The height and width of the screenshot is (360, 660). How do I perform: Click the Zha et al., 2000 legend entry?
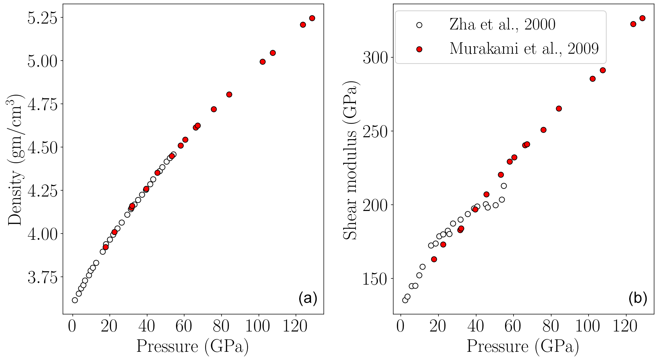502,25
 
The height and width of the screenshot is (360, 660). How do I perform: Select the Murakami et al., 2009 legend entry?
524,49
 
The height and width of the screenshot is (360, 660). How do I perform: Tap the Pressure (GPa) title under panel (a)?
193,347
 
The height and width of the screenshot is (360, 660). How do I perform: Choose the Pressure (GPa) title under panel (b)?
523,347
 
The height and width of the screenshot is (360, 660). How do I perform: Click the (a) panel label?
307,298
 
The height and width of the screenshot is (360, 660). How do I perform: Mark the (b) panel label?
638,298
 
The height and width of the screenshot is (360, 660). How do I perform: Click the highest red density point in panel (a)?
312,18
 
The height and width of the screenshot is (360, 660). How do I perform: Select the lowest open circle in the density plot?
75,300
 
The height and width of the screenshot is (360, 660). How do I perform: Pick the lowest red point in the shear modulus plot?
434,259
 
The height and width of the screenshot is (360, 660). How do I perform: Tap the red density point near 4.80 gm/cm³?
229,94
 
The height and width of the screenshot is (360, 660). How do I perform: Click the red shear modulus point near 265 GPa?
559,108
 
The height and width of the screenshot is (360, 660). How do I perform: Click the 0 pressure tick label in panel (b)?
400,327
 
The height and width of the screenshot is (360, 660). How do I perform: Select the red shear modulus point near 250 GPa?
543,130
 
